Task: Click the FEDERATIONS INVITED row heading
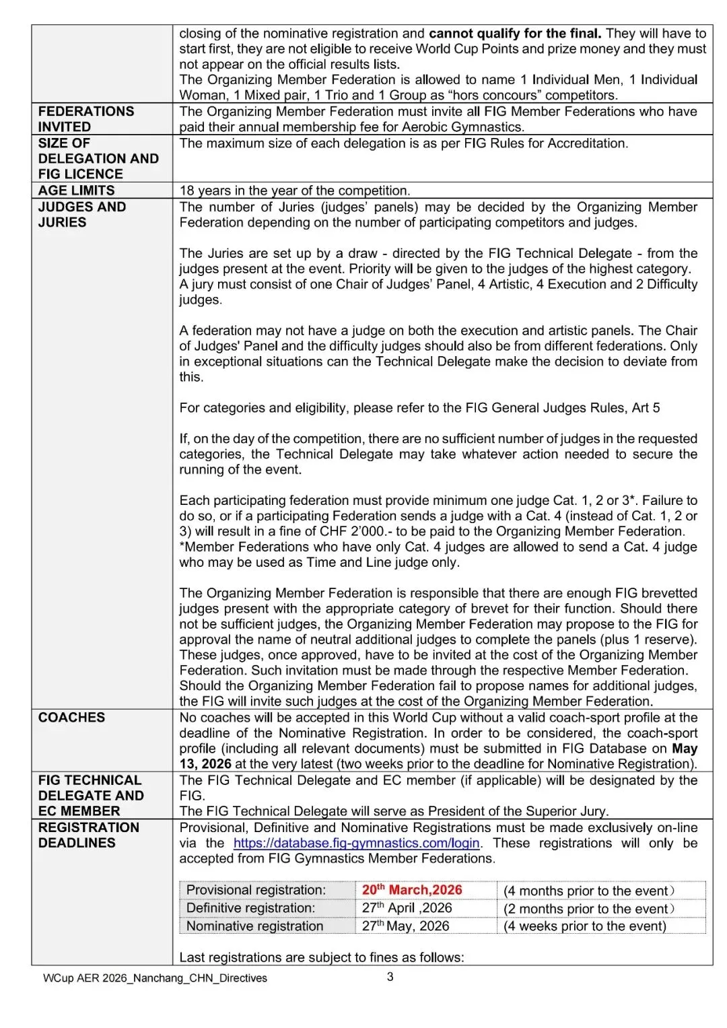[85, 119]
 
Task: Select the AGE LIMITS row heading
[76, 191]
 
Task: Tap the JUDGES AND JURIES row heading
[81, 215]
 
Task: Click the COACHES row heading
[71, 718]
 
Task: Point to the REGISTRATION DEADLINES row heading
[88, 835]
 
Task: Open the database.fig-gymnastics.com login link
[356, 843]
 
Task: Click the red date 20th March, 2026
[412, 890]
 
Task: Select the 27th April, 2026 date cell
[407, 908]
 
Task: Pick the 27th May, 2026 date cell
[405, 926]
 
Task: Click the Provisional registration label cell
[256, 890]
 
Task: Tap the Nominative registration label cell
[254, 926]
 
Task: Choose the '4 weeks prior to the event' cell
[584, 926]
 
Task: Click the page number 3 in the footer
[390, 977]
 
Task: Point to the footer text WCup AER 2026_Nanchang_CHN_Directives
[155, 978]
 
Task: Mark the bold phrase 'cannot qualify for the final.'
[515, 34]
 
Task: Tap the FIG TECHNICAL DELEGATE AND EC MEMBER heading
[91, 796]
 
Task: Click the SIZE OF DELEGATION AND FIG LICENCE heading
[98, 159]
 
